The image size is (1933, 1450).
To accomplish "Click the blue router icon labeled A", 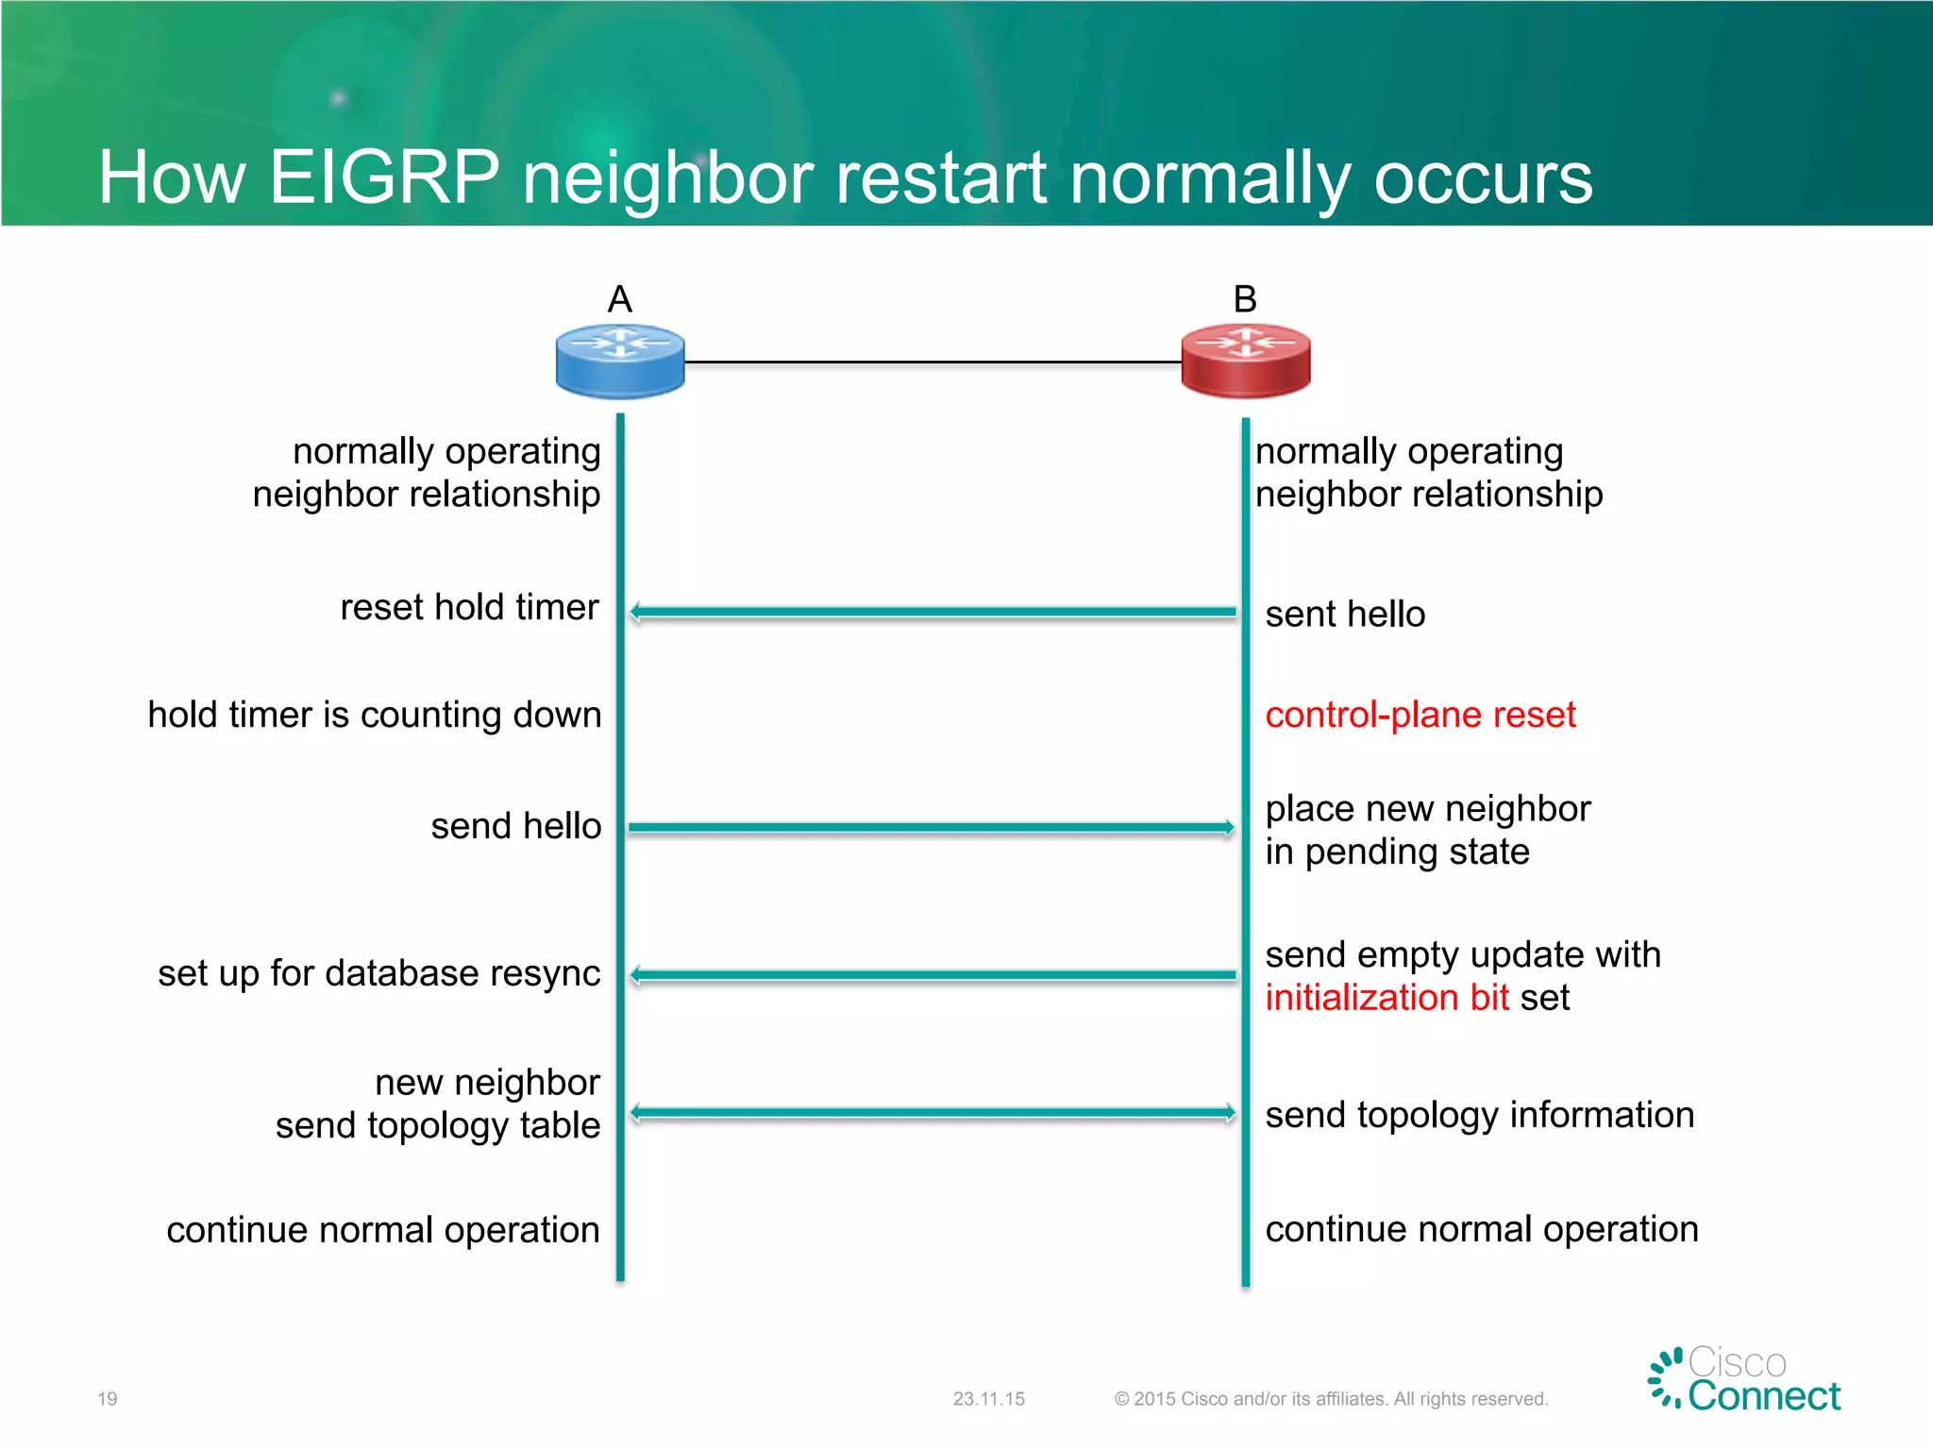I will click(620, 362).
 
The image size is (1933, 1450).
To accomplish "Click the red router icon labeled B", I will click(1245, 362).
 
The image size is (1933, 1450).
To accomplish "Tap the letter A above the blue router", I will click(620, 299).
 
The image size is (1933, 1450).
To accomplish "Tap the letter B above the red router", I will click(1245, 299).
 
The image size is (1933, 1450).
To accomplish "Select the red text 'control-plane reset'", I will click(1420, 715).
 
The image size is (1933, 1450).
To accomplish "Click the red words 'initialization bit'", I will click(1387, 998).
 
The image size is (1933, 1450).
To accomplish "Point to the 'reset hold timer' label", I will click(469, 607).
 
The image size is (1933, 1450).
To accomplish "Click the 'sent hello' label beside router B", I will click(1344, 615).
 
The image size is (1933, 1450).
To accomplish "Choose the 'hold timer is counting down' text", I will click(375, 715).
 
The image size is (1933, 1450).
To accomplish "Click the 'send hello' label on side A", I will click(516, 826).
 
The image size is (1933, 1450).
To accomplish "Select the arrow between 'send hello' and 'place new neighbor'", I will click(932, 828).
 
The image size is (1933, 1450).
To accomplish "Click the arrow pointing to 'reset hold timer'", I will click(932, 612).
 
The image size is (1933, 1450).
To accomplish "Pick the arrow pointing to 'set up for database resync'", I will click(932, 975).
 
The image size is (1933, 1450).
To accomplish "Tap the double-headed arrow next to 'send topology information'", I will click(932, 1113).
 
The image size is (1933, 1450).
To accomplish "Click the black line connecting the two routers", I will click(932, 362).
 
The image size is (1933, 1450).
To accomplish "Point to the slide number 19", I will click(108, 1399).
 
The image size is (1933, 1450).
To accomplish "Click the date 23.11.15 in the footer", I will click(988, 1399).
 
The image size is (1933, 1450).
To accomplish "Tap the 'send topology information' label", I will click(1479, 1116).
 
